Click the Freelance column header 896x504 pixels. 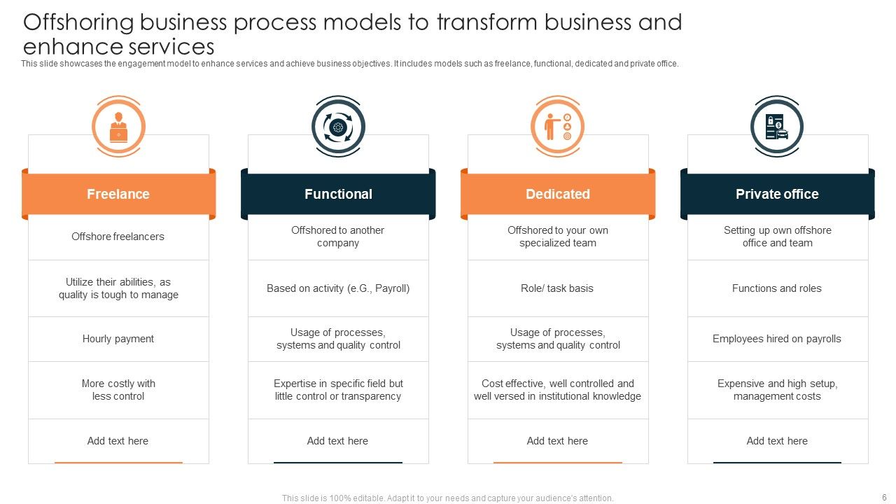tap(118, 194)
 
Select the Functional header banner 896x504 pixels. tap(338, 194)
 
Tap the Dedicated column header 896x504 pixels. tap(558, 194)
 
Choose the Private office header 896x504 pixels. tap(777, 194)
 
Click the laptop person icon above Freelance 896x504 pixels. tap(118, 127)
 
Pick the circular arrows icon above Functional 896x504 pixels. tap(338, 127)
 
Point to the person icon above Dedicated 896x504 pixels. tap(558, 127)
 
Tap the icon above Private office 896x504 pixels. tap(777, 127)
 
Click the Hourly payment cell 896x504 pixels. tap(118, 339)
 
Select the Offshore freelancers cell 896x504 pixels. tap(118, 237)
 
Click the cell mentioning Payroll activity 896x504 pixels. tap(338, 288)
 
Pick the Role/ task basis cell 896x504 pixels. tap(558, 288)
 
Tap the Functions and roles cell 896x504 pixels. tap(777, 288)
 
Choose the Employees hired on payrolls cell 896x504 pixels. tap(777, 339)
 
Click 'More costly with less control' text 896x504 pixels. tap(118, 390)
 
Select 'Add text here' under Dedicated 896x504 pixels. tap(558, 441)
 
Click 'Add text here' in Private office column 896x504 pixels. tap(777, 441)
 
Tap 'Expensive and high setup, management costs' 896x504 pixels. tap(777, 390)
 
